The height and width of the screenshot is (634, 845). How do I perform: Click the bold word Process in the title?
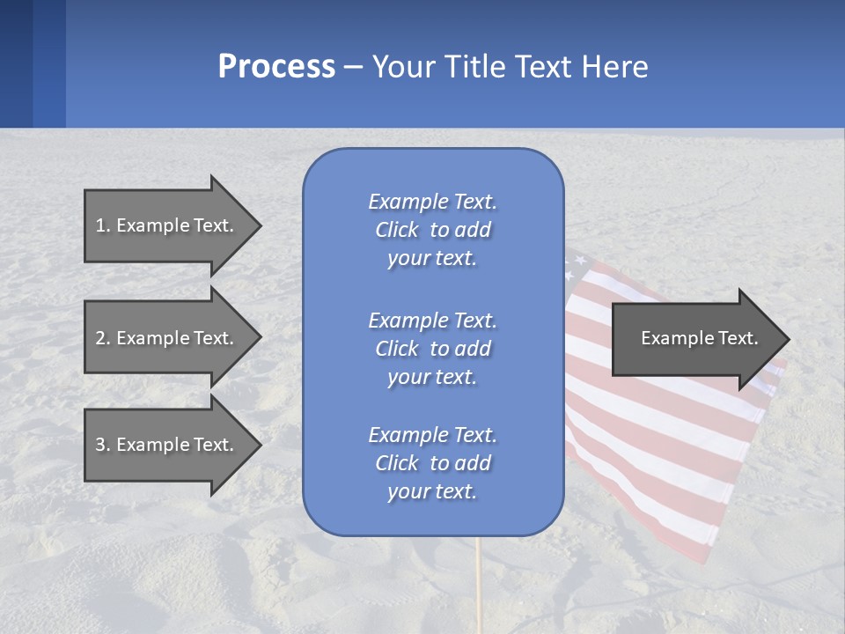pyautogui.click(x=276, y=67)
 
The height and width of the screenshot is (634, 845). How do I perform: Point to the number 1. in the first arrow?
pyautogui.click(x=102, y=225)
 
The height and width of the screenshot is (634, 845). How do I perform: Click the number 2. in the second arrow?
pyautogui.click(x=102, y=338)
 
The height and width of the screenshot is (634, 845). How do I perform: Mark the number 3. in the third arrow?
pyautogui.click(x=102, y=445)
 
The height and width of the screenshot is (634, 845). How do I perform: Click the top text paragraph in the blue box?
pyautogui.click(x=432, y=230)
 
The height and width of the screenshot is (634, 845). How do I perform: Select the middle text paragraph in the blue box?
pyautogui.click(x=432, y=349)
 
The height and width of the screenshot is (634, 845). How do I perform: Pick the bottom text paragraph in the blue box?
pyautogui.click(x=432, y=463)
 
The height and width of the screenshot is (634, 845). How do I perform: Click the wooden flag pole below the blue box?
pyautogui.click(x=480, y=581)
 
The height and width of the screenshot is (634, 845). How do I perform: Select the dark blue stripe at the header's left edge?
pyautogui.click(x=16, y=63)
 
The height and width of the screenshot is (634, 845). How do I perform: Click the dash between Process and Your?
pyautogui.click(x=354, y=68)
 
